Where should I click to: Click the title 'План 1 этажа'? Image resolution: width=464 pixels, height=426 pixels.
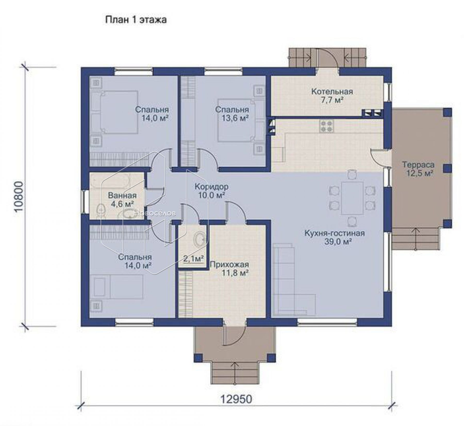point(136,20)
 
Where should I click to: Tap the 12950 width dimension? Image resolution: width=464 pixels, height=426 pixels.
point(236,399)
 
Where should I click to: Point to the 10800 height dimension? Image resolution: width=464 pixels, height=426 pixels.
point(19,197)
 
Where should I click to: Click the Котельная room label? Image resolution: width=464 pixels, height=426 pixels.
point(332,91)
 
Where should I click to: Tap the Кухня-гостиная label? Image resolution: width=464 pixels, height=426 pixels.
point(335,233)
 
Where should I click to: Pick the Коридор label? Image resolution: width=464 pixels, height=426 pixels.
point(211,186)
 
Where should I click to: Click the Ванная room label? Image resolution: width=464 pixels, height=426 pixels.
point(122,195)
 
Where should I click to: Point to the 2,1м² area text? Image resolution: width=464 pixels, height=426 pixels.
point(194,259)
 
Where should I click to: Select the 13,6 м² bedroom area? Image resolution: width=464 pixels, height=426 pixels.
point(235,118)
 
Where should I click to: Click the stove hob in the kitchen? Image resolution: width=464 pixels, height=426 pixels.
point(327,126)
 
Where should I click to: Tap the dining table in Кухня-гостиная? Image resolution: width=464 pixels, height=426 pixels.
point(352,198)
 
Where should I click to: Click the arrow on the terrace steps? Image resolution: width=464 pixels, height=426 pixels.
point(415,238)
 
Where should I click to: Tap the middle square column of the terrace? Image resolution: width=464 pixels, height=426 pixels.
point(447,168)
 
